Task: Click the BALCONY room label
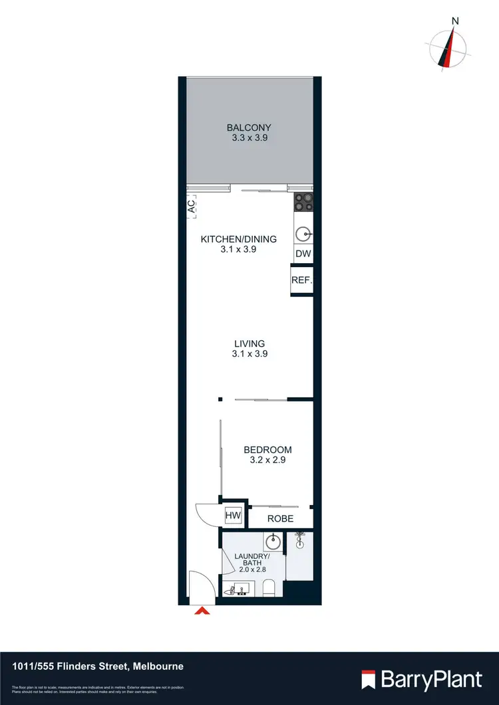249,128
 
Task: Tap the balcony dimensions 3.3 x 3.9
249,139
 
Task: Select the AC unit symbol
192,206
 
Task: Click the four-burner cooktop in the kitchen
303,202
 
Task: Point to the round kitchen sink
303,233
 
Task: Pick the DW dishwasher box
303,254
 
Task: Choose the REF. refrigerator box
301,280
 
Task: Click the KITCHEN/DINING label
238,239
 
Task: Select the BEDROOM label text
267,450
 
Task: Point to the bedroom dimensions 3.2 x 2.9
267,460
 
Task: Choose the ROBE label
280,518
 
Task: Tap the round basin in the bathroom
273,540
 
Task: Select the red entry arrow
202,611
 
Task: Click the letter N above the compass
455,21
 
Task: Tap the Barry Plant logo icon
369,679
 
